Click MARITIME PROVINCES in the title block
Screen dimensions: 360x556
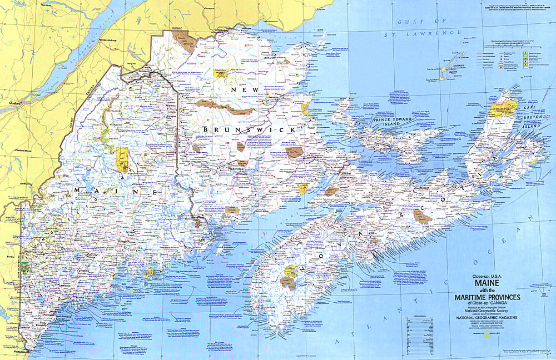coord(487,297)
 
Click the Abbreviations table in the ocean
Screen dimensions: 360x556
coord(423,328)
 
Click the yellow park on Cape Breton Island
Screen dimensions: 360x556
coord(504,103)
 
